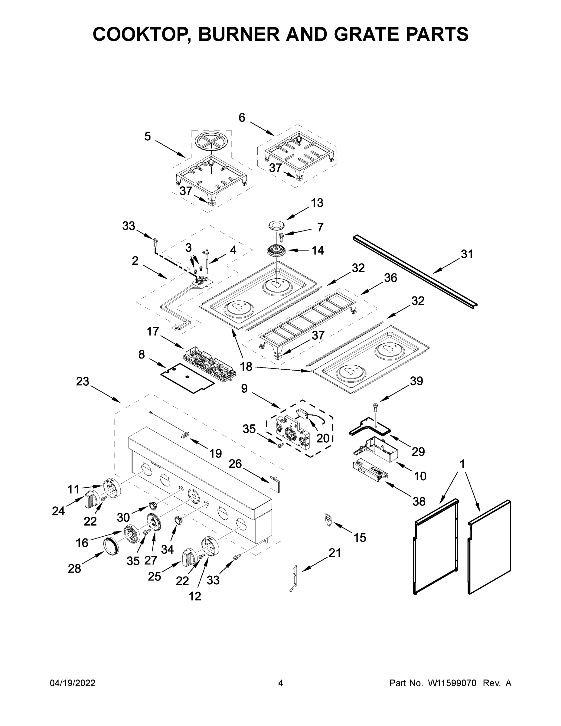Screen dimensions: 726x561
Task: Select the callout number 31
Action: coord(467,254)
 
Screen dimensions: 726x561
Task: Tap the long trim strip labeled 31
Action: coord(416,271)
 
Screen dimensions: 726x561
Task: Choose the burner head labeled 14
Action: coord(276,250)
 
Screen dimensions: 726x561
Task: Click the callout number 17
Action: coord(153,332)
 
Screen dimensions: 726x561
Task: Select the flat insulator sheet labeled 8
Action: coord(187,378)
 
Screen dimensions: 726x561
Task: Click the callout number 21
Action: coord(335,553)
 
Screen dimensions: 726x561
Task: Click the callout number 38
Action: coord(419,501)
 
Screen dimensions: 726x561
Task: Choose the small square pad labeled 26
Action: coord(274,483)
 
